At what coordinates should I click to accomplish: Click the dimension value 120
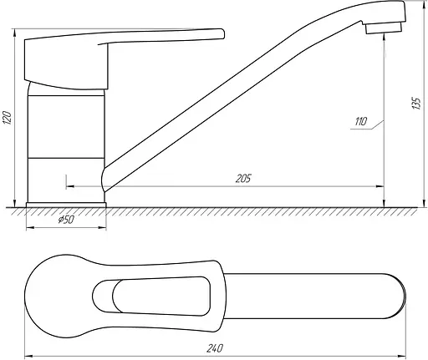point(8,118)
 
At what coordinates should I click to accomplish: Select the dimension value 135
point(416,104)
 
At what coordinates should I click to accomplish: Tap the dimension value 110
point(361,122)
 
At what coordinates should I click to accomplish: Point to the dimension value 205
point(243,179)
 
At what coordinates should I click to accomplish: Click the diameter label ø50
point(66,220)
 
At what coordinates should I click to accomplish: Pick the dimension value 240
point(215,348)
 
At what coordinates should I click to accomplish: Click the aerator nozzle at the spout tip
point(384,28)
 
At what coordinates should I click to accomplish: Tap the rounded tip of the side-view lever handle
point(223,33)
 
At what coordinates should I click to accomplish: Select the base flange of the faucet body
point(66,205)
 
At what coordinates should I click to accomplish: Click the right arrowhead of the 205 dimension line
point(380,186)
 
